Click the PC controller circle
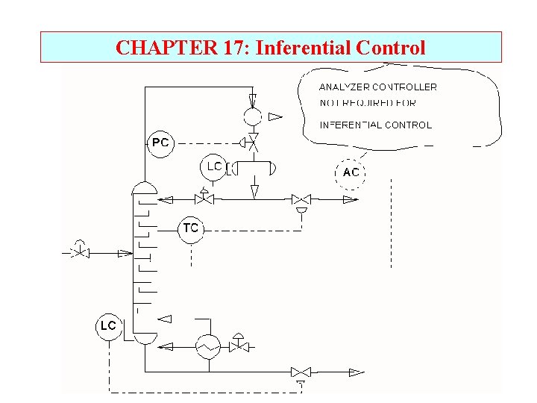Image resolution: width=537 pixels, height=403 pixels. [160, 143]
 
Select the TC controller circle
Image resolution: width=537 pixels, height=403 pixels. [191, 228]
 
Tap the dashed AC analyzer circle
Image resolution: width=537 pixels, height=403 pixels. [351, 172]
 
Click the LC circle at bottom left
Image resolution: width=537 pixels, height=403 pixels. [109, 326]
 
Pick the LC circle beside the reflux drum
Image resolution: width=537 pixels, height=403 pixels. [213, 167]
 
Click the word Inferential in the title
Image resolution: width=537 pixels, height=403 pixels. [304, 48]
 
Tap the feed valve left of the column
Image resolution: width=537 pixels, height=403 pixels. [79, 252]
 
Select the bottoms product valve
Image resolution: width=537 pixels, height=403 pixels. [301, 372]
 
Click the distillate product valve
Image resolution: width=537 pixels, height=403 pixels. [301, 199]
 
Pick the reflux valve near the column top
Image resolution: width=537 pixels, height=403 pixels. [204, 199]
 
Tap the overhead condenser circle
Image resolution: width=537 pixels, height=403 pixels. [253, 116]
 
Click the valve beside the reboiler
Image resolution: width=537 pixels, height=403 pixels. [239, 346]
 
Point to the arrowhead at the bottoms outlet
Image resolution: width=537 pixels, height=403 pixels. [357, 372]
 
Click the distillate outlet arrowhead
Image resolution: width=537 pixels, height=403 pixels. [349, 199]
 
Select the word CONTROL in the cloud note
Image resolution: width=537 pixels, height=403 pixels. [408, 125]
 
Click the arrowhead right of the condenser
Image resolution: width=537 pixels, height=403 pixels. [275, 116]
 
